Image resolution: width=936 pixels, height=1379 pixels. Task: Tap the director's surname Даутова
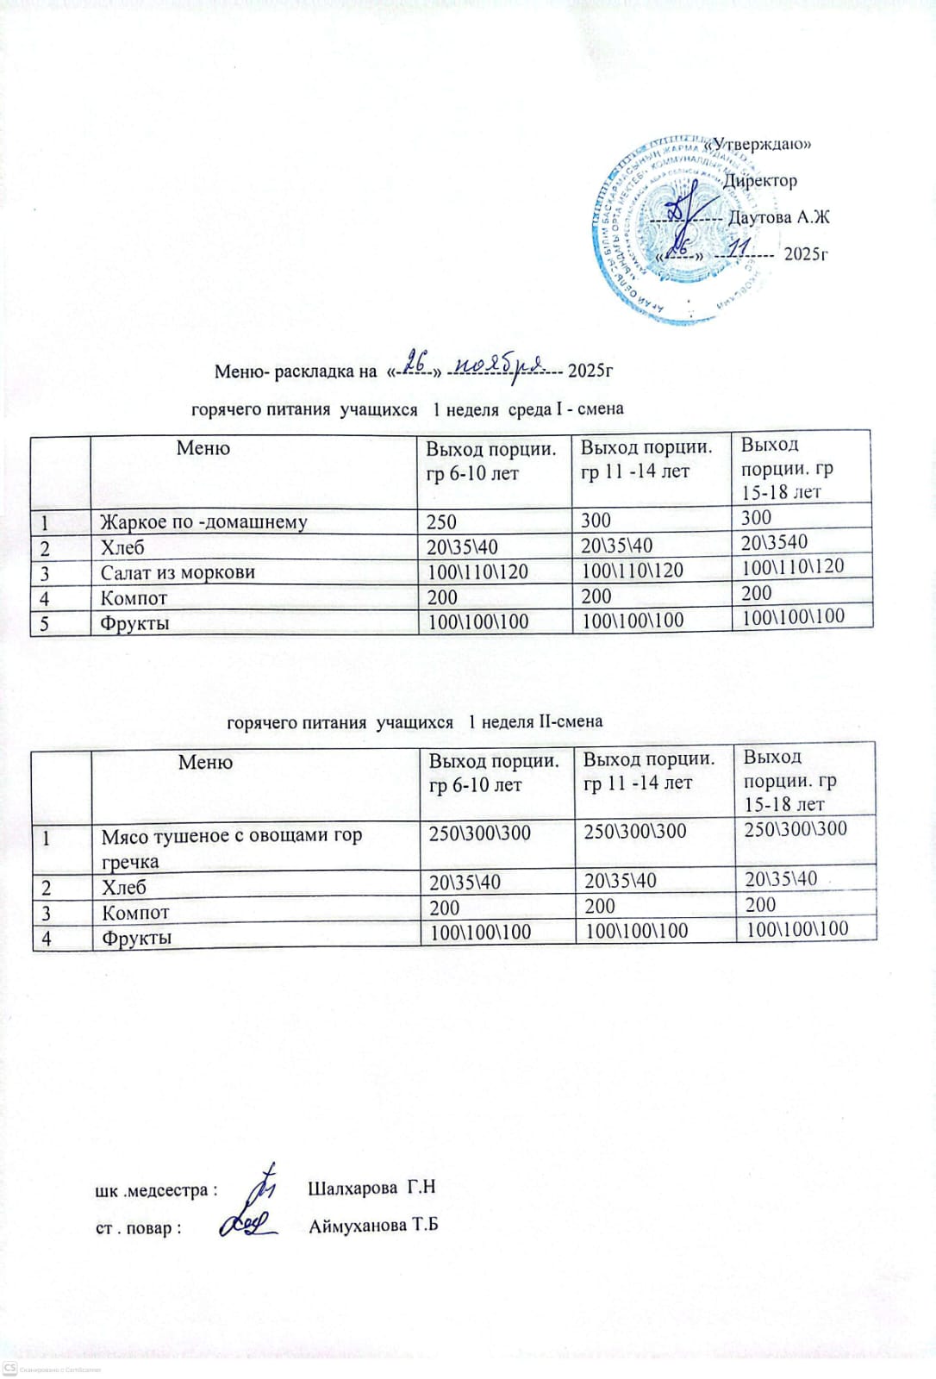[759, 217]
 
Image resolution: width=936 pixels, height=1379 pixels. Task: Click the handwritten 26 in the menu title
[418, 363]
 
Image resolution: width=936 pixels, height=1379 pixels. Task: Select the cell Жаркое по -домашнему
[203, 521]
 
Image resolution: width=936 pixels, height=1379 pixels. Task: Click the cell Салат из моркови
[178, 572]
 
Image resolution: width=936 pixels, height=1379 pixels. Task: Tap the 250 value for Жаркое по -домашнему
[442, 521]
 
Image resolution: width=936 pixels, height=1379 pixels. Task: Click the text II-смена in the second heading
[570, 721]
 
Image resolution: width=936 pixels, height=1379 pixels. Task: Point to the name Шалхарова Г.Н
[371, 1188]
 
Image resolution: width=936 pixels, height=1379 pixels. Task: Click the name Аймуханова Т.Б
[373, 1225]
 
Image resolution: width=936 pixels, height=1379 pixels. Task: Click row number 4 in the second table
[47, 938]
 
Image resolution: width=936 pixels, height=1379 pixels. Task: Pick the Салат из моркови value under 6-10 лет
[478, 571]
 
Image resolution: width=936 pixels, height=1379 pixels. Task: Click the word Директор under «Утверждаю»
[759, 181]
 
